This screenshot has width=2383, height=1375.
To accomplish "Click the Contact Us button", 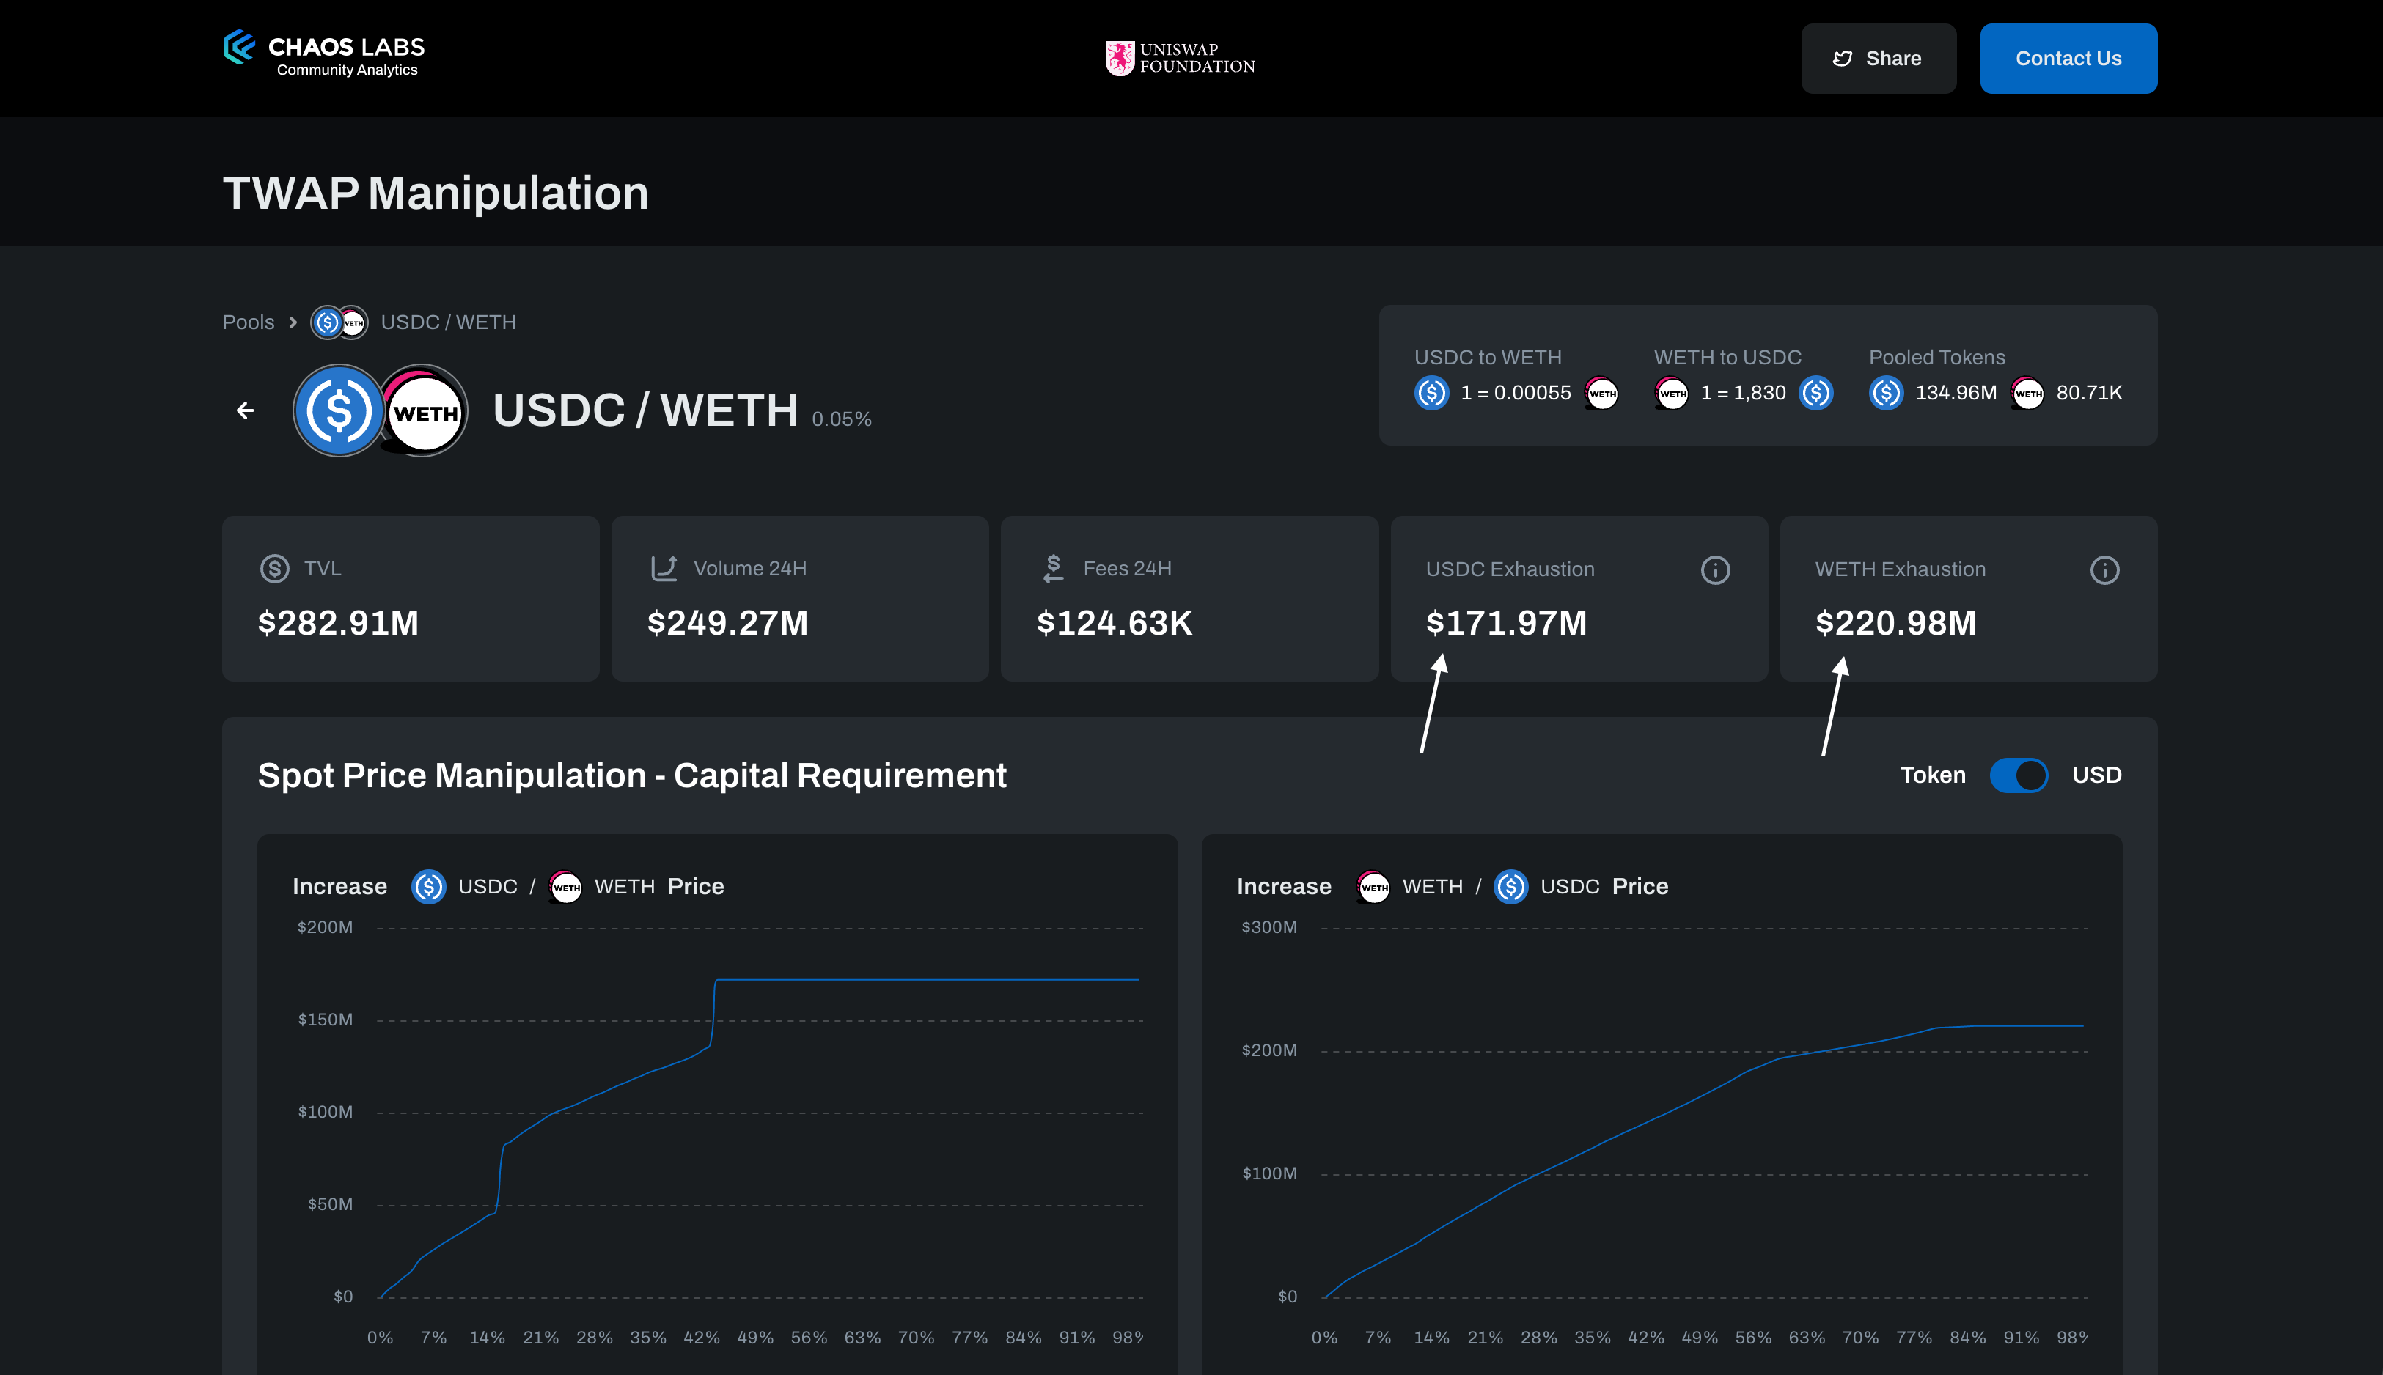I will point(2068,59).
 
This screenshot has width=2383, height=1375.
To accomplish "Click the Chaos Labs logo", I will point(323,55).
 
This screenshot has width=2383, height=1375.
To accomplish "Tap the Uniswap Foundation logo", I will point(1180,59).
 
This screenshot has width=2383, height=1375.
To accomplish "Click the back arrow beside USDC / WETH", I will point(246,410).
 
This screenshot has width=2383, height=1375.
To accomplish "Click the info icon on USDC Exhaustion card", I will point(1714,570).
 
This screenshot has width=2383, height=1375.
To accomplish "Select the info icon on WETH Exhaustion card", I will point(2104,570).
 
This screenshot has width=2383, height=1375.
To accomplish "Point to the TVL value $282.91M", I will point(338,623).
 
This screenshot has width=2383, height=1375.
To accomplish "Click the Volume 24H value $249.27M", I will point(727,623).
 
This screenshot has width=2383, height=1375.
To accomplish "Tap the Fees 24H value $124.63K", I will point(1115,623).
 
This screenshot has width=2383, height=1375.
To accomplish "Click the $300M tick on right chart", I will point(1268,927).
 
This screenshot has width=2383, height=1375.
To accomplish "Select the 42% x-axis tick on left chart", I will point(701,1337).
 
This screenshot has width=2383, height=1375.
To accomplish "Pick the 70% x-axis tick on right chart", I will point(1859,1337).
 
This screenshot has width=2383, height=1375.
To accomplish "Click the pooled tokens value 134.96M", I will point(1955,393).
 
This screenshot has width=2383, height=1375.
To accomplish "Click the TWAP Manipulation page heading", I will point(436,193).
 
